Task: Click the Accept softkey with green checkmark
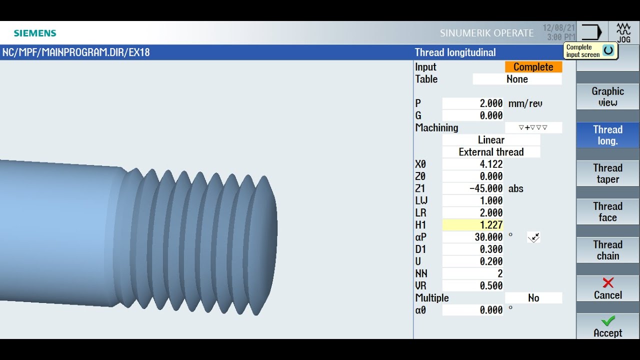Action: click(x=607, y=326)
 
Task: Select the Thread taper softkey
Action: click(x=607, y=173)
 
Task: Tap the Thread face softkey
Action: click(x=607, y=212)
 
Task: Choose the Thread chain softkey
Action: click(x=607, y=250)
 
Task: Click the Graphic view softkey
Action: click(x=607, y=97)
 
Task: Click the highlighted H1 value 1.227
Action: click(x=473, y=225)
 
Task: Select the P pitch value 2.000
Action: click(x=473, y=103)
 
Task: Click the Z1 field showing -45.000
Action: click(x=473, y=188)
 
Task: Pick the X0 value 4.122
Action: click(x=473, y=164)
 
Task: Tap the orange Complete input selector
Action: click(x=533, y=67)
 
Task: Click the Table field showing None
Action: click(x=517, y=79)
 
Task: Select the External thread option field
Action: click(x=491, y=152)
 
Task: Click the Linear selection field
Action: click(x=491, y=140)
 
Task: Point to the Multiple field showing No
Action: click(x=533, y=298)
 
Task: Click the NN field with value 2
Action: click(x=473, y=273)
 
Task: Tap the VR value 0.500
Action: click(x=473, y=285)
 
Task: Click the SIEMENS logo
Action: click(x=35, y=33)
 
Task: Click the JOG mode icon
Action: click(x=623, y=33)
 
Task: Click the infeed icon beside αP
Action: click(x=533, y=237)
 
